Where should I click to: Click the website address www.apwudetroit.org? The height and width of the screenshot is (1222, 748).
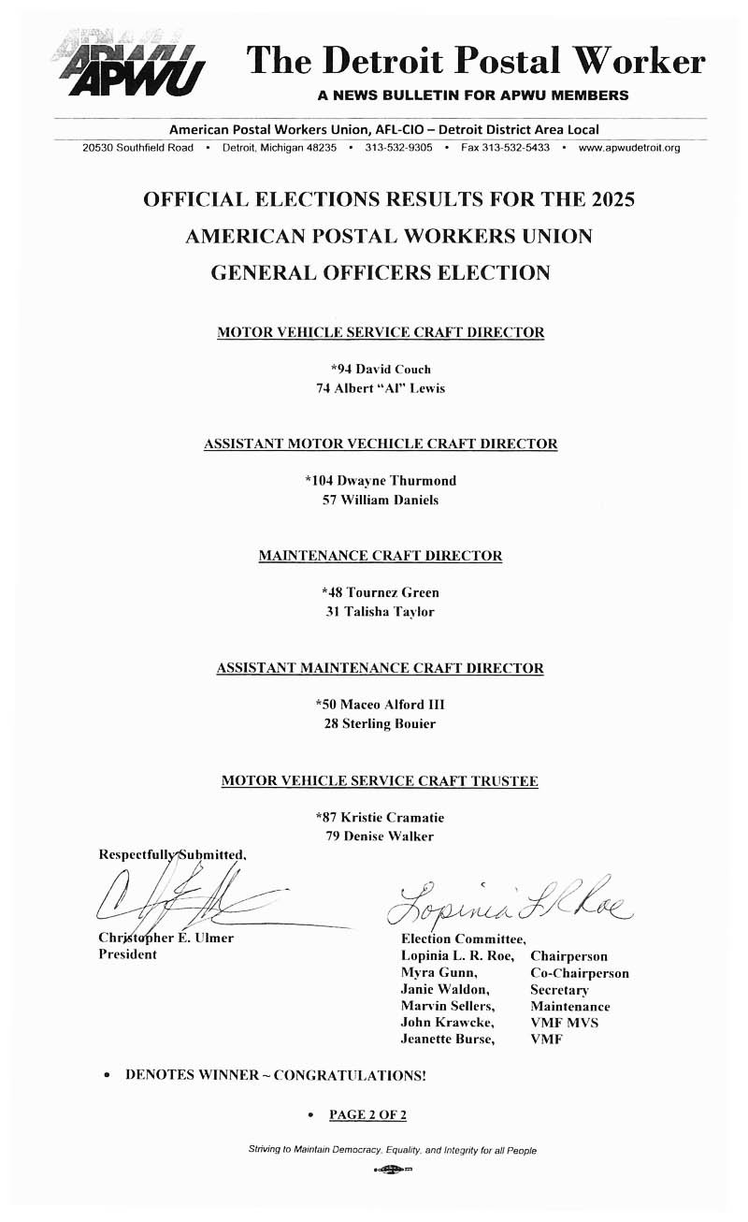(629, 148)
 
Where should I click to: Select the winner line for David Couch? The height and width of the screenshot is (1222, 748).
(381, 369)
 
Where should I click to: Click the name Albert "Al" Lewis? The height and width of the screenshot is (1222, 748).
(381, 387)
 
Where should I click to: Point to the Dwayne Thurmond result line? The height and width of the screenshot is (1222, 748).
(381, 481)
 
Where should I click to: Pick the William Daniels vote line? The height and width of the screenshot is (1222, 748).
(381, 500)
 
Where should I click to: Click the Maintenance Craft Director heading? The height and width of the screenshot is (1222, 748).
(381, 556)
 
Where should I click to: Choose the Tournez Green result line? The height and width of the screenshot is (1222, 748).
(381, 592)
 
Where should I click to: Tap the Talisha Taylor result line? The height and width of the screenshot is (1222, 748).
(381, 612)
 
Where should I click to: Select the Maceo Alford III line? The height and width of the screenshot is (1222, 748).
(381, 705)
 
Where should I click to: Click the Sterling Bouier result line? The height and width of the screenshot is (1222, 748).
(381, 723)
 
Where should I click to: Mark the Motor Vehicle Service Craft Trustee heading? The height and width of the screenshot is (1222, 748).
(380, 780)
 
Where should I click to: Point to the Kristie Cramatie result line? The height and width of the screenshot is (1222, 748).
(381, 818)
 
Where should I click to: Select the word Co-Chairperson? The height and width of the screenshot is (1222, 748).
(580, 973)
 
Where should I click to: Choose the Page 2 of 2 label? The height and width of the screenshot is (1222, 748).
(367, 1114)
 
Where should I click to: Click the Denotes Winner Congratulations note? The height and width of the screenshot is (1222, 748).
(275, 1076)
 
